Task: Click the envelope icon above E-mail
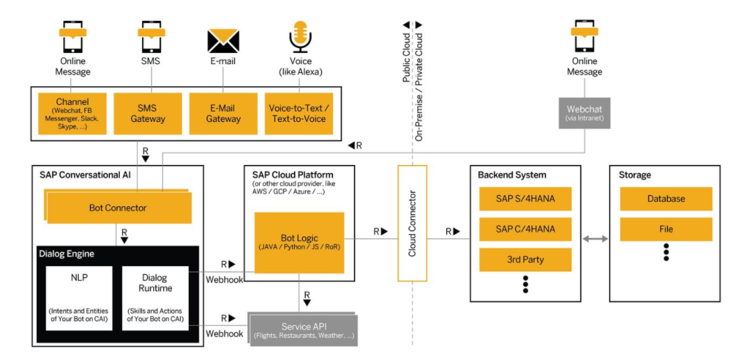tap(223, 40)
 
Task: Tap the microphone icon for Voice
tap(300, 36)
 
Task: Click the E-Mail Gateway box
tap(224, 114)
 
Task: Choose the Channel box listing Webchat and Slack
tap(72, 114)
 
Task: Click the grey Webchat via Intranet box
tap(584, 113)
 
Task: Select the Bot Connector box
tap(118, 208)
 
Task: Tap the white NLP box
tap(79, 297)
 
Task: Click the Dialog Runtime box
tap(155, 297)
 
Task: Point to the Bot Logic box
tap(300, 242)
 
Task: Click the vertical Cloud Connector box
tap(412, 224)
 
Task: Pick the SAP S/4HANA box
tap(525, 198)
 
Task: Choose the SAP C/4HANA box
tap(525, 229)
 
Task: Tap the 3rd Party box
tap(525, 260)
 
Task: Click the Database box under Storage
tap(666, 198)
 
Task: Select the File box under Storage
tap(666, 229)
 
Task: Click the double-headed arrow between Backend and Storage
tap(595, 239)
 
